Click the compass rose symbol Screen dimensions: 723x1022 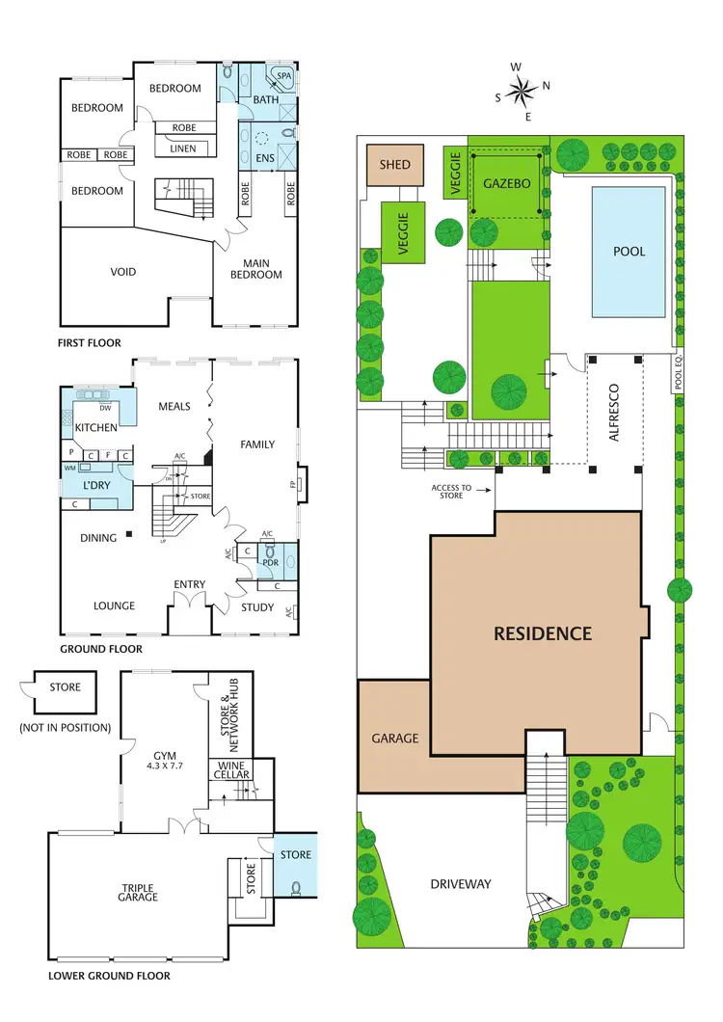click(x=522, y=92)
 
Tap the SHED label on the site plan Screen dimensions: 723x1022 click(x=395, y=165)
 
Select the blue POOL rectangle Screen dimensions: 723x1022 click(x=628, y=252)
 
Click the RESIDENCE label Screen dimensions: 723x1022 click(x=543, y=633)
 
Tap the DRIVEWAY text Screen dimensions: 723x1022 click(x=461, y=883)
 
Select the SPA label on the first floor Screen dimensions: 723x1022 click(x=284, y=75)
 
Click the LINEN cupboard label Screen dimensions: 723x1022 click(x=183, y=148)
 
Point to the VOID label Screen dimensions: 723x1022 click(x=122, y=272)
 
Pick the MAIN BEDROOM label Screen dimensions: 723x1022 click(x=256, y=269)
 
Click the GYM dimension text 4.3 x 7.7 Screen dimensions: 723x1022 click(x=163, y=766)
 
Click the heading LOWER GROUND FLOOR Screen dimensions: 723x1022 click(x=109, y=976)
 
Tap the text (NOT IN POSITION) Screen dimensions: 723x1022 click(x=66, y=727)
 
